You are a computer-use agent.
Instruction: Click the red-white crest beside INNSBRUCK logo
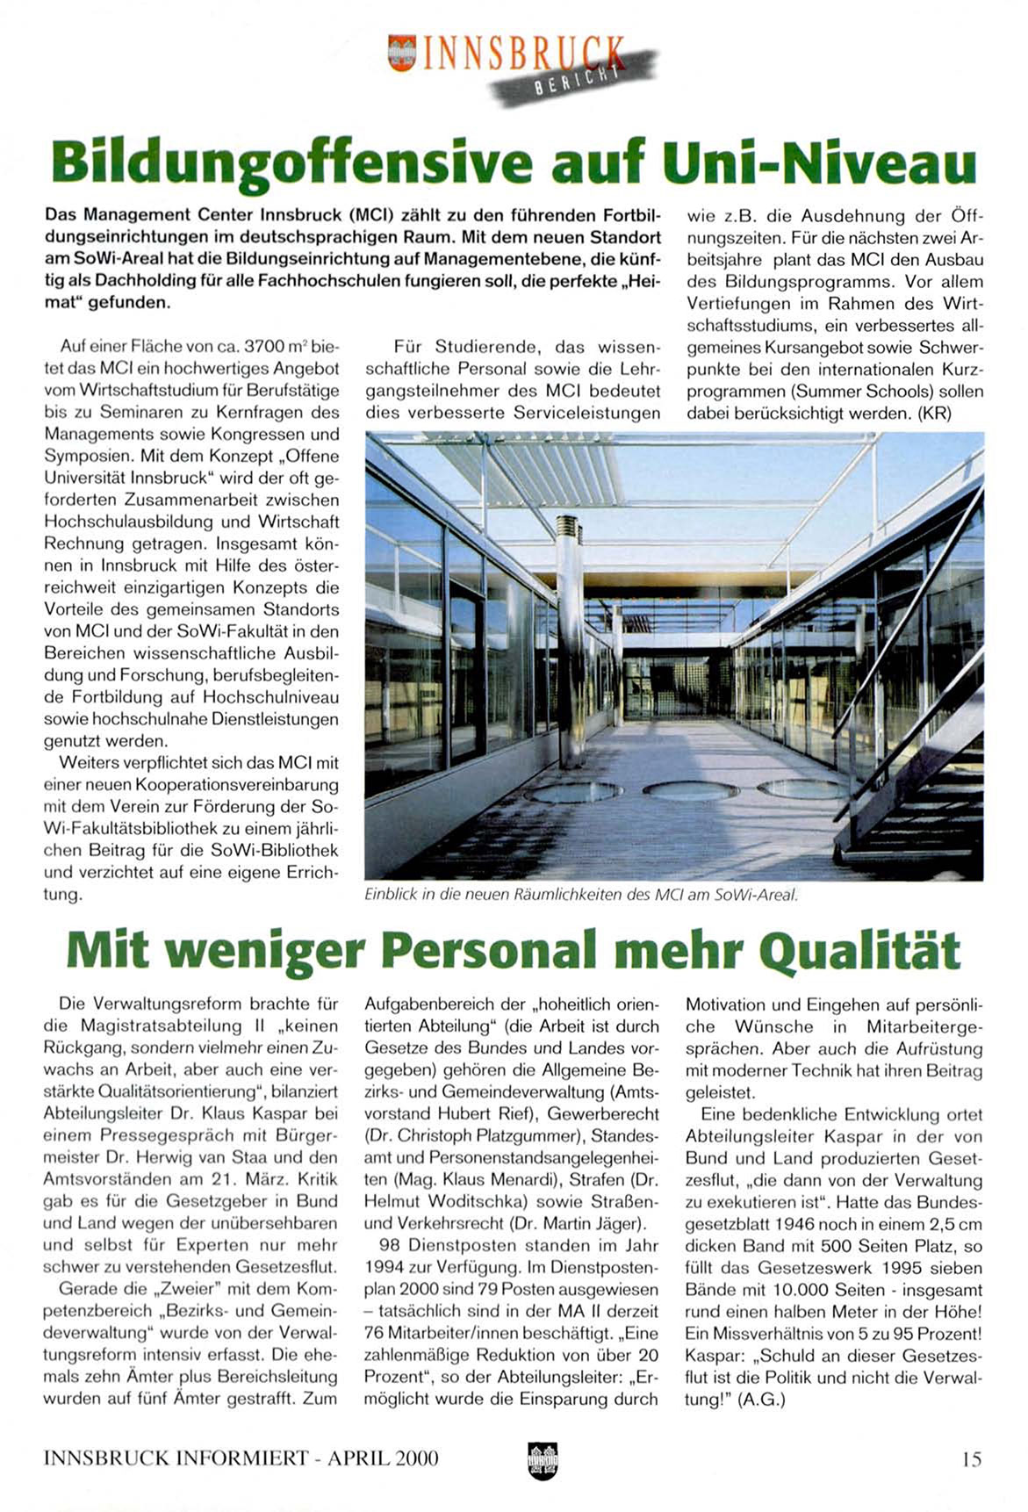[x=401, y=52]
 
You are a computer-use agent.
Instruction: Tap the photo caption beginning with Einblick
[x=580, y=895]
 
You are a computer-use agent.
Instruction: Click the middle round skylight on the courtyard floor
[x=689, y=791]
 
